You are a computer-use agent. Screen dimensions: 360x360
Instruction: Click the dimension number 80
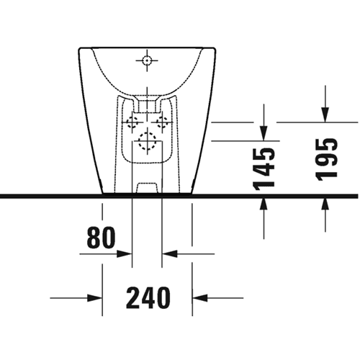pyautogui.click(x=101, y=238)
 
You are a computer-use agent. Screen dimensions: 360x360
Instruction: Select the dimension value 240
pyautogui.click(x=148, y=297)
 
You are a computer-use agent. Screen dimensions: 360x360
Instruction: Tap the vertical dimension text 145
pyautogui.click(x=264, y=168)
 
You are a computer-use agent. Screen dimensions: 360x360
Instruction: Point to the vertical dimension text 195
pyautogui.click(x=326, y=160)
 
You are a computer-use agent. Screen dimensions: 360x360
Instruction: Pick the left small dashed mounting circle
pyautogui.click(x=132, y=122)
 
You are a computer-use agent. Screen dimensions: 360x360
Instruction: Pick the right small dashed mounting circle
pyautogui.click(x=162, y=122)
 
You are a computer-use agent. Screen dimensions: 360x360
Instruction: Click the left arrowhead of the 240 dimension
pyautogui.click(x=95, y=298)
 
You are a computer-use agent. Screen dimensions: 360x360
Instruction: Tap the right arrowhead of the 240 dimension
pyautogui.click(x=200, y=298)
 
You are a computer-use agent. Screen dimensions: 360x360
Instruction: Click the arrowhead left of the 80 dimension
pyautogui.click(x=125, y=253)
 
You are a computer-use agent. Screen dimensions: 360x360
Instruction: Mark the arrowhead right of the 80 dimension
pyautogui.click(x=170, y=253)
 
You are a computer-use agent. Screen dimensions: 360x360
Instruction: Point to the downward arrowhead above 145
pyautogui.click(x=264, y=133)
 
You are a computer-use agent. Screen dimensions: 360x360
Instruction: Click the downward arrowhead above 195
pyautogui.click(x=325, y=114)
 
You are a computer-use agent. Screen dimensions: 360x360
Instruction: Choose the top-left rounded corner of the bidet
pyautogui.click(x=80, y=50)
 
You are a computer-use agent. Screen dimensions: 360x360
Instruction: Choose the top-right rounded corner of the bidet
pyautogui.click(x=215, y=50)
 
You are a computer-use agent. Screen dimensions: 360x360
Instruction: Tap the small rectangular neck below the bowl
pyautogui.click(x=147, y=106)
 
